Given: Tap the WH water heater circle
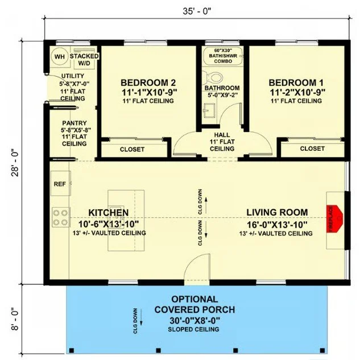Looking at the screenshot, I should [x=59, y=57].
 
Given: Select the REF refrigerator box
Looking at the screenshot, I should [x=60, y=184].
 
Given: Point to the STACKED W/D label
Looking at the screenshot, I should [x=84, y=60].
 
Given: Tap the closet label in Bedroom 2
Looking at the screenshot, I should [x=132, y=150].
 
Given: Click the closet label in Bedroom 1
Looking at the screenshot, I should [x=312, y=148].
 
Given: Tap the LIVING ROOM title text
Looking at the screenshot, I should [x=276, y=213].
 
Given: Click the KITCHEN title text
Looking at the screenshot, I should [x=108, y=213].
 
